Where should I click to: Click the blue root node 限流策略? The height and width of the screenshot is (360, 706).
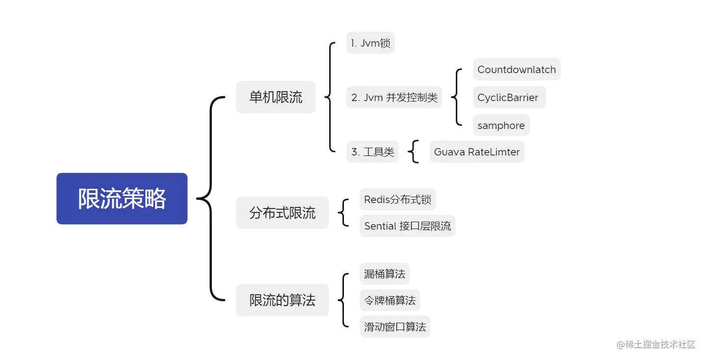tap(122, 199)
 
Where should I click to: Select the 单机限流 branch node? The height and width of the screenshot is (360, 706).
tap(276, 97)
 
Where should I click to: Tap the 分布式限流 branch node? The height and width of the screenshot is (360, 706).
tap(282, 213)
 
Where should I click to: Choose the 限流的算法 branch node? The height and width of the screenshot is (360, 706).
tap(282, 300)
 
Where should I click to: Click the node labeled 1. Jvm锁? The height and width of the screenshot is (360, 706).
tap(370, 43)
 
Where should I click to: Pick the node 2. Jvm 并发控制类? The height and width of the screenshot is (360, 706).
tap(394, 97)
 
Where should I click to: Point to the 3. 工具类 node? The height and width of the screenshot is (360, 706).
tap(372, 152)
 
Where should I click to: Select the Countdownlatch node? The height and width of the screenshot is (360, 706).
tap(516, 70)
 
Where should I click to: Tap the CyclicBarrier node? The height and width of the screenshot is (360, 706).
tap(508, 97)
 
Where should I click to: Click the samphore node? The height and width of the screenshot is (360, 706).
tap(501, 126)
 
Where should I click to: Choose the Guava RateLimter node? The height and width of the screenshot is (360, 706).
tap(476, 152)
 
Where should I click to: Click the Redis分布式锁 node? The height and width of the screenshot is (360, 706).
tap(397, 200)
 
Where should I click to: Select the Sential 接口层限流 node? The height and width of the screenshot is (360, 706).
tap(407, 226)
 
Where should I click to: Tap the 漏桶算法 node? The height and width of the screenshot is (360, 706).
tap(384, 274)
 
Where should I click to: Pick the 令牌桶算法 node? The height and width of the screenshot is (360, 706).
tap(390, 300)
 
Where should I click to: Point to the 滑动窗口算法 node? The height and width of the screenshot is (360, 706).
tap(394, 327)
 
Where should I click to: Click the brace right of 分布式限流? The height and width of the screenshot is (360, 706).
tap(344, 213)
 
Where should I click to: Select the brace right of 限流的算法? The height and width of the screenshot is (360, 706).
tap(344, 300)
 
